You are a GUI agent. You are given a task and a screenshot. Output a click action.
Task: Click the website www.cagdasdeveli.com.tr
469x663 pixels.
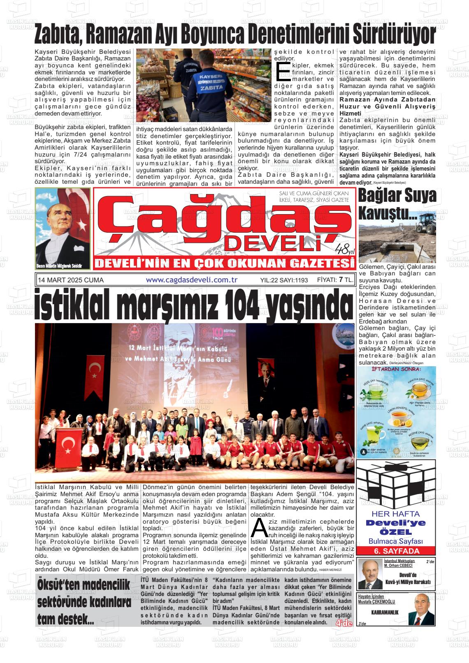point(192,280)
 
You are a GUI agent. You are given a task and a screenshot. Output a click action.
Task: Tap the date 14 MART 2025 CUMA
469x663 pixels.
point(71,280)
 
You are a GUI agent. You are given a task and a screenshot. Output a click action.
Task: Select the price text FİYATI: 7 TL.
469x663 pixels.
point(335,280)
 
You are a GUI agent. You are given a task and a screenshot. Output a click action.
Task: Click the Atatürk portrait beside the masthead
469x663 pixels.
point(63,229)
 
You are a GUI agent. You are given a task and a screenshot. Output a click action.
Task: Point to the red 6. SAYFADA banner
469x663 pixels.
point(396,551)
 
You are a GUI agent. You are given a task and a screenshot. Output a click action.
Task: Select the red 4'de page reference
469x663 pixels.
point(344,623)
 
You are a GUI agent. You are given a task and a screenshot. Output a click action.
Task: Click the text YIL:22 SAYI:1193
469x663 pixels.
point(284,280)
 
